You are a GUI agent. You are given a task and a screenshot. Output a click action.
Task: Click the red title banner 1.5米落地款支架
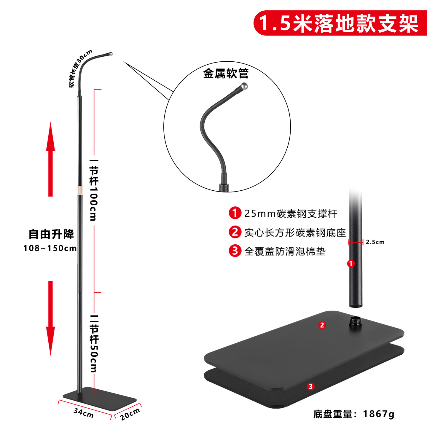pyautogui.click(x=340, y=23)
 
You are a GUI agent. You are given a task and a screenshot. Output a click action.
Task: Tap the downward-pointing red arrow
pyautogui.click(x=50, y=317)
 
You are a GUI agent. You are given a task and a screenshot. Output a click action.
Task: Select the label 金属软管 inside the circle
pyautogui.click(x=226, y=74)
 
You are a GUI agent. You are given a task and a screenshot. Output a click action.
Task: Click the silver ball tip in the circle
pyautogui.click(x=244, y=86)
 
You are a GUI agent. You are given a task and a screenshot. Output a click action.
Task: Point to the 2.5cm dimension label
pyautogui.click(x=375, y=242)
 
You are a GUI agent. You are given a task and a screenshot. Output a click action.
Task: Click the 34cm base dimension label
pyautogui.click(x=83, y=412)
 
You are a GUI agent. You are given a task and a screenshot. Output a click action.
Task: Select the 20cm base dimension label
pyautogui.click(x=130, y=414)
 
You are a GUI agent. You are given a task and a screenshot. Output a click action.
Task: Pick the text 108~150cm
pyautogui.click(x=50, y=248)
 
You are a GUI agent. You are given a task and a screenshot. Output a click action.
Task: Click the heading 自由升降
pyautogui.click(x=51, y=234)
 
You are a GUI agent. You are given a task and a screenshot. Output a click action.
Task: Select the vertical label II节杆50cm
pyautogui.click(x=94, y=344)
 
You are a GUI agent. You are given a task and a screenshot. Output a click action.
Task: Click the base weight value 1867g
pyautogui.click(x=379, y=414)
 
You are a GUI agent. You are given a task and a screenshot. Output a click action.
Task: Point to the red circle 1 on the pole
pyautogui.click(x=351, y=263)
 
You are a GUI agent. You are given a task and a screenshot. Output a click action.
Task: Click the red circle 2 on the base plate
pyautogui.click(x=322, y=325)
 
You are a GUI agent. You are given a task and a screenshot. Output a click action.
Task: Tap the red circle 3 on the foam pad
pyautogui.click(x=310, y=386)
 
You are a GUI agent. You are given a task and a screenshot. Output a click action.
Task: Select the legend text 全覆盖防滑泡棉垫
pyautogui.click(x=285, y=251)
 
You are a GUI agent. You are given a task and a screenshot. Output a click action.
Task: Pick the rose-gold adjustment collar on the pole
pyautogui.click(x=80, y=191)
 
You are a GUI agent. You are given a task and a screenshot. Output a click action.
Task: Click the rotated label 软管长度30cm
pyautogui.click(x=80, y=68)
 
